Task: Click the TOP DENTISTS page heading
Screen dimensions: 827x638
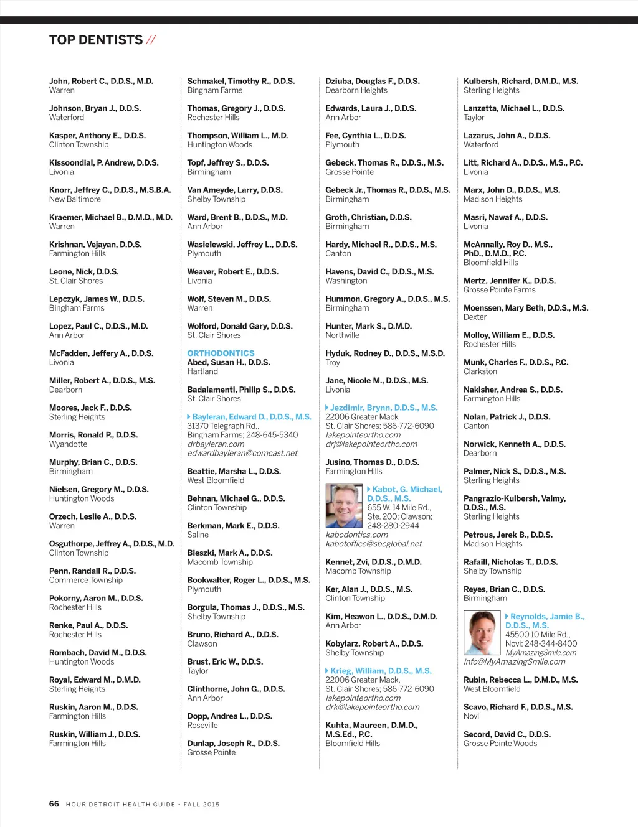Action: tap(96, 40)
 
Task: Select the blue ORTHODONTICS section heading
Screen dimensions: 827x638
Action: tap(221, 353)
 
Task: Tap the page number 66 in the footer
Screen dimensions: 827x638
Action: tap(54, 804)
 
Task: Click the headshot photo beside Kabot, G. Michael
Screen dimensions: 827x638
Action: tap(344, 505)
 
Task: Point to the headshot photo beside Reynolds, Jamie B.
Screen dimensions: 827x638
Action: tap(482, 632)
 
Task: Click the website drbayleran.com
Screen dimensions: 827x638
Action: tap(216, 444)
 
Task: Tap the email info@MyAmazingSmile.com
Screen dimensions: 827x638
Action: tap(514, 661)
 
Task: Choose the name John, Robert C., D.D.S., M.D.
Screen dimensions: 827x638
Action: tap(101, 81)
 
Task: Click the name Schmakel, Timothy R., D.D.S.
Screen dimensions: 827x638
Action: tap(240, 81)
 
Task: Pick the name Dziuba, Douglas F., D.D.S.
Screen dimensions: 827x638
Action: tap(372, 81)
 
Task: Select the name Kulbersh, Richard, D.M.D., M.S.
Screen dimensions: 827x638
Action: tap(520, 81)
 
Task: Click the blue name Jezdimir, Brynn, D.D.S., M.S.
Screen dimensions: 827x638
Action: tap(384, 408)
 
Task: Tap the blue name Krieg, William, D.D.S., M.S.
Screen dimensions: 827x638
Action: tap(381, 671)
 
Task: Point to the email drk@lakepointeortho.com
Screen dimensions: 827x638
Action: tap(372, 707)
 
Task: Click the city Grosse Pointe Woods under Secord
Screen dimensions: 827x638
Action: tap(500, 743)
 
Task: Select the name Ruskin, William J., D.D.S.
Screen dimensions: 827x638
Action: tap(95, 734)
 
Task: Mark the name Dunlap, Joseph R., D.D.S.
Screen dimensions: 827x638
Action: tap(233, 743)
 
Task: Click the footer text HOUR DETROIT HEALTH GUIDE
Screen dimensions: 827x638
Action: tap(120, 805)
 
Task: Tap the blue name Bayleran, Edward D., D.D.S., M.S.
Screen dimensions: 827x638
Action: tap(252, 417)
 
